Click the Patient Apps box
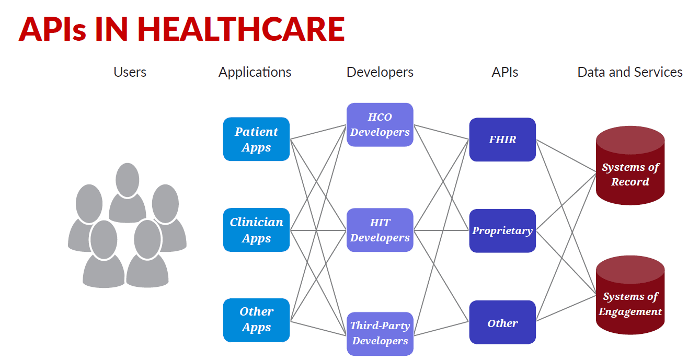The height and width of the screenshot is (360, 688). [256, 139]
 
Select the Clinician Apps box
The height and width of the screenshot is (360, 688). [256, 230]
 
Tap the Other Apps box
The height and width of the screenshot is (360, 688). [256, 320]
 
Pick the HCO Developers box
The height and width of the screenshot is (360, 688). [380, 124]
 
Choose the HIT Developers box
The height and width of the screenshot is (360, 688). [380, 230]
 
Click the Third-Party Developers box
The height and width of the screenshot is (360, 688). [380, 333]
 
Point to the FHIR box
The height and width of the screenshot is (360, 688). [502, 140]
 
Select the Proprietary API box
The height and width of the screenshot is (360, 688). [502, 230]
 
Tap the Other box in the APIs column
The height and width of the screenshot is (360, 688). [502, 322]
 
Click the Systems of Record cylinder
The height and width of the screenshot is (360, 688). [630, 166]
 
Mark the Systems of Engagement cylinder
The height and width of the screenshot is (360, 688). [630, 295]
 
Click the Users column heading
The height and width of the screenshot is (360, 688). [130, 72]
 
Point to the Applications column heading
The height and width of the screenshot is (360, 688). [255, 73]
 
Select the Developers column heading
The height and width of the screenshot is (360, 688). [380, 73]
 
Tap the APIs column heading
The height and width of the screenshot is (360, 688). [505, 72]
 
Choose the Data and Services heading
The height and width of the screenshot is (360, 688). [630, 72]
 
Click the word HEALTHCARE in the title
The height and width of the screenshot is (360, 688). [241, 29]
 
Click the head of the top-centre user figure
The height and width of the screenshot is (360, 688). [128, 180]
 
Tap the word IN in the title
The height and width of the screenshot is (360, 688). [111, 29]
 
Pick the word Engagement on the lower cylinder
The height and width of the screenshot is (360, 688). [630, 312]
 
